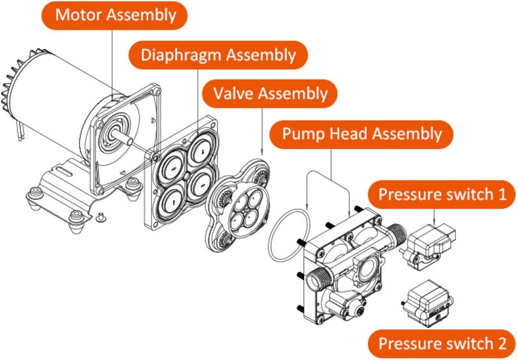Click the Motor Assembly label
115,15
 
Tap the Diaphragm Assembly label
218,55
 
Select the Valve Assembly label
270,93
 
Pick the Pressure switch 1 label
442,194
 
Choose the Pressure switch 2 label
442,343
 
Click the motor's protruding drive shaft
125,137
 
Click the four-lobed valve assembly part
239,206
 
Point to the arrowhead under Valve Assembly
263,153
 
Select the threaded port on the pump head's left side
317,278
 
